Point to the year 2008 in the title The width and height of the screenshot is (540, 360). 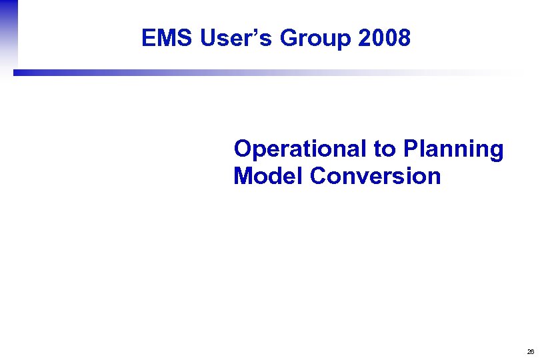(x=384, y=39)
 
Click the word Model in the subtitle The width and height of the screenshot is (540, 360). (x=269, y=177)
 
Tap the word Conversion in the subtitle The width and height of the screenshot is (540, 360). (x=375, y=177)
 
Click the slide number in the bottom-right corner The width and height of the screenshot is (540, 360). (x=530, y=351)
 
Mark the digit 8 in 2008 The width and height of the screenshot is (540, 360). (x=403, y=39)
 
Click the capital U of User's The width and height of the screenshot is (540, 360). (x=208, y=39)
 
